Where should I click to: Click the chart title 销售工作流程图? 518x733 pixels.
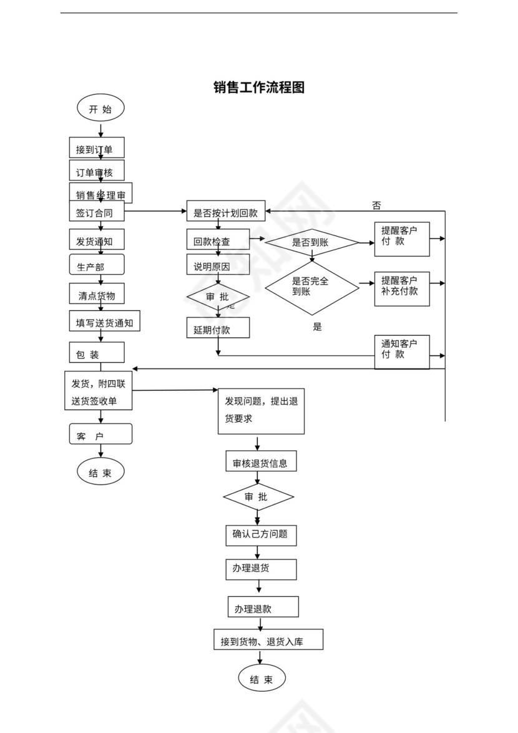click(x=259, y=87)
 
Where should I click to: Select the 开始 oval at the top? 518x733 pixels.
click(x=100, y=109)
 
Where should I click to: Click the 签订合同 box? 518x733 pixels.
click(x=96, y=212)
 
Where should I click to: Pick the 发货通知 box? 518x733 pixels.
click(x=96, y=241)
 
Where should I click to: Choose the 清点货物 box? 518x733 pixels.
click(x=96, y=295)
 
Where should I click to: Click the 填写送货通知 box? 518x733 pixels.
click(x=104, y=322)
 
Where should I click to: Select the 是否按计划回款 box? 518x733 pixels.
click(x=226, y=212)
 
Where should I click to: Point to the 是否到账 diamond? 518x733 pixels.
click(x=311, y=242)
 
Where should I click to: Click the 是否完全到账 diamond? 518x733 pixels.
click(x=311, y=287)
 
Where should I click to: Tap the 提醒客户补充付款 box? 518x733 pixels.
click(x=402, y=286)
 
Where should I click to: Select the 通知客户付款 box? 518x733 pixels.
click(x=402, y=350)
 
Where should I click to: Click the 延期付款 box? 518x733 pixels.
click(x=218, y=328)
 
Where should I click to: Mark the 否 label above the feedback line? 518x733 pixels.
click(x=376, y=205)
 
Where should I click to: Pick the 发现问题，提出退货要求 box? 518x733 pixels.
click(x=261, y=410)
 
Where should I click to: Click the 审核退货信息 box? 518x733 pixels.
click(x=260, y=463)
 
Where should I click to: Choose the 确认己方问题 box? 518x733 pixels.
click(x=260, y=534)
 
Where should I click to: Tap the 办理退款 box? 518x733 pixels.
click(x=262, y=608)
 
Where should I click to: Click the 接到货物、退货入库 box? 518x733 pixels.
click(x=268, y=640)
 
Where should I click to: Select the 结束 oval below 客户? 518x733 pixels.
click(x=100, y=473)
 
